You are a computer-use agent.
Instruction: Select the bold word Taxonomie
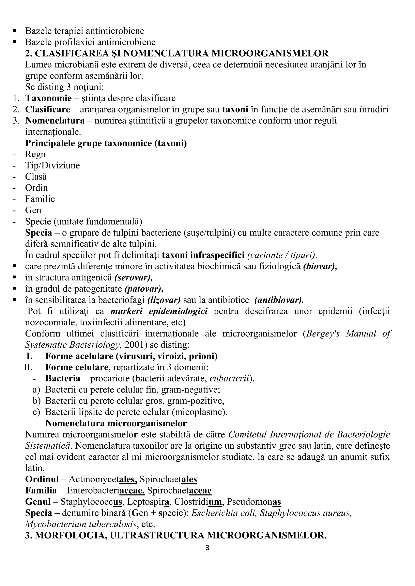pos(48,98)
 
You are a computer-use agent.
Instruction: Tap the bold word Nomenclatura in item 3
pos(55,120)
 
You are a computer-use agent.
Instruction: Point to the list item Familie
pos(40,199)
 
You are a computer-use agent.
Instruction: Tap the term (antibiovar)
pos(279,300)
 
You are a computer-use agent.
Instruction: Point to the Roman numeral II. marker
pos(28,367)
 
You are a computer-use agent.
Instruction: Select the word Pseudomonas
pos(254,502)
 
